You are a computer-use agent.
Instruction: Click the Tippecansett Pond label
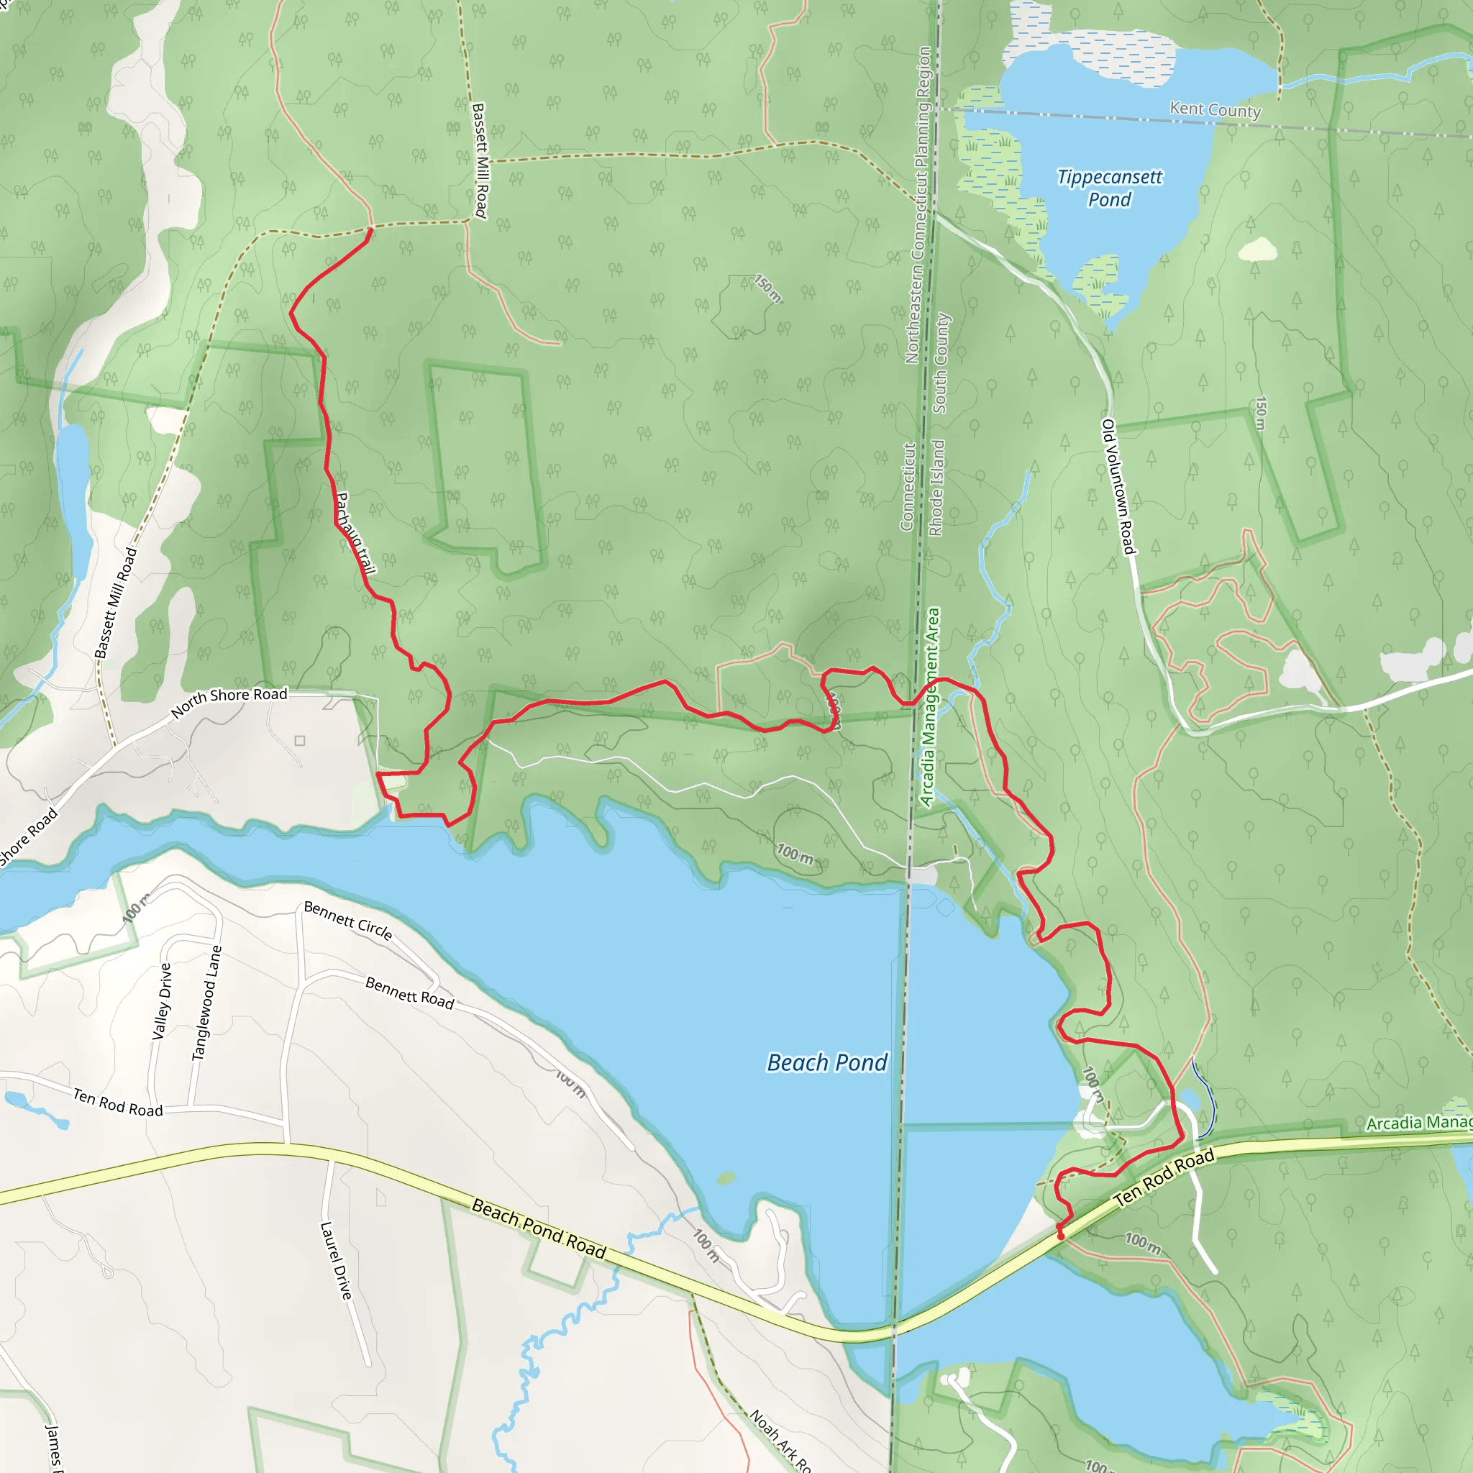pos(1109,188)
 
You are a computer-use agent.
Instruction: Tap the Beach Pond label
pos(827,1062)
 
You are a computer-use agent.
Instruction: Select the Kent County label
pos(1216,110)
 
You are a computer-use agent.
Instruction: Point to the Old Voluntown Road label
pos(1118,486)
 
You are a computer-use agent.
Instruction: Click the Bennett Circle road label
pos(347,920)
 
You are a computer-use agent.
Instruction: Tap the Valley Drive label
pos(163,1001)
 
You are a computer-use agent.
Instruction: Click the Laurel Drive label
pos(336,1260)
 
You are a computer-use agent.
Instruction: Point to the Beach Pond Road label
pos(538,1228)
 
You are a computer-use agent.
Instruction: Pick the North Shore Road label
pos(229,701)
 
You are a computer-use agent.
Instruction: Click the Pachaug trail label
pos(355,533)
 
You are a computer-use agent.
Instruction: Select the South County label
pos(941,363)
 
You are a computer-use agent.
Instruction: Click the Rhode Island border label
pos(937,488)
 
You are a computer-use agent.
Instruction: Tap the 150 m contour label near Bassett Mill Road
pos(767,288)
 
